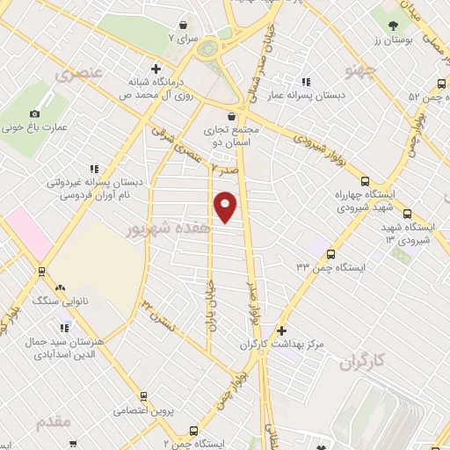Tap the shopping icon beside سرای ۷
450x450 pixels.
[x=183, y=25]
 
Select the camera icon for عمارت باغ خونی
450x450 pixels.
[x=35, y=113]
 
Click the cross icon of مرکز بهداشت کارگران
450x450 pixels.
[x=280, y=331]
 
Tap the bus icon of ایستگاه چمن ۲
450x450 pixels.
[x=192, y=431]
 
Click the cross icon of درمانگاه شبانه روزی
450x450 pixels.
[x=156, y=69]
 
